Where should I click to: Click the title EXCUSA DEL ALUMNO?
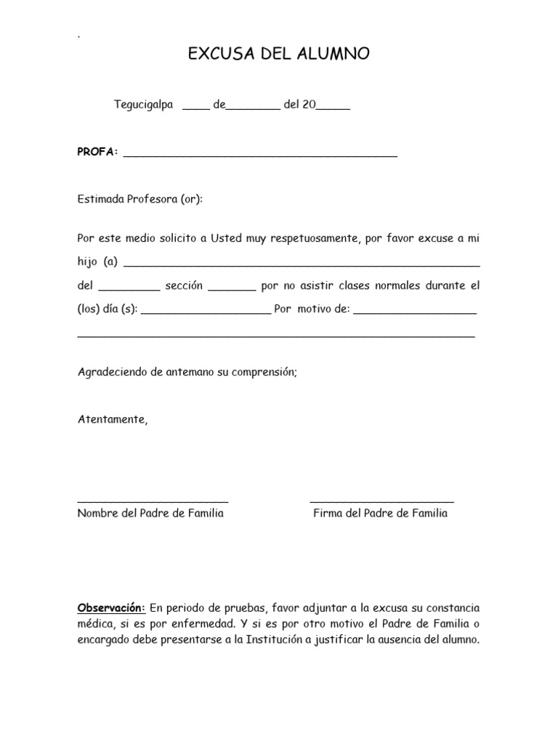tap(279, 54)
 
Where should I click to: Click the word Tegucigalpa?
tap(143, 105)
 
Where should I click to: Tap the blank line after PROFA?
tap(260, 155)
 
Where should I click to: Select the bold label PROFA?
tap(97, 152)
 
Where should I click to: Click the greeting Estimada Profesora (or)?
tap(139, 199)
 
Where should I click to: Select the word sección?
tap(184, 286)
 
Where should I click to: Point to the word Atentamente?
tap(112, 419)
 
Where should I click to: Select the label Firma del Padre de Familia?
tap(380, 514)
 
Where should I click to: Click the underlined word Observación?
tap(111, 607)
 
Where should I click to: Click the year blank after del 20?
tap(333, 108)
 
